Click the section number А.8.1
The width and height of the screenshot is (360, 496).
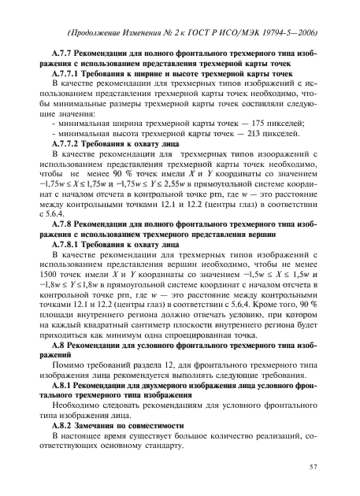click(x=65, y=387)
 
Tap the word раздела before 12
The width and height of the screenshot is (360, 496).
click(x=163, y=366)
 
